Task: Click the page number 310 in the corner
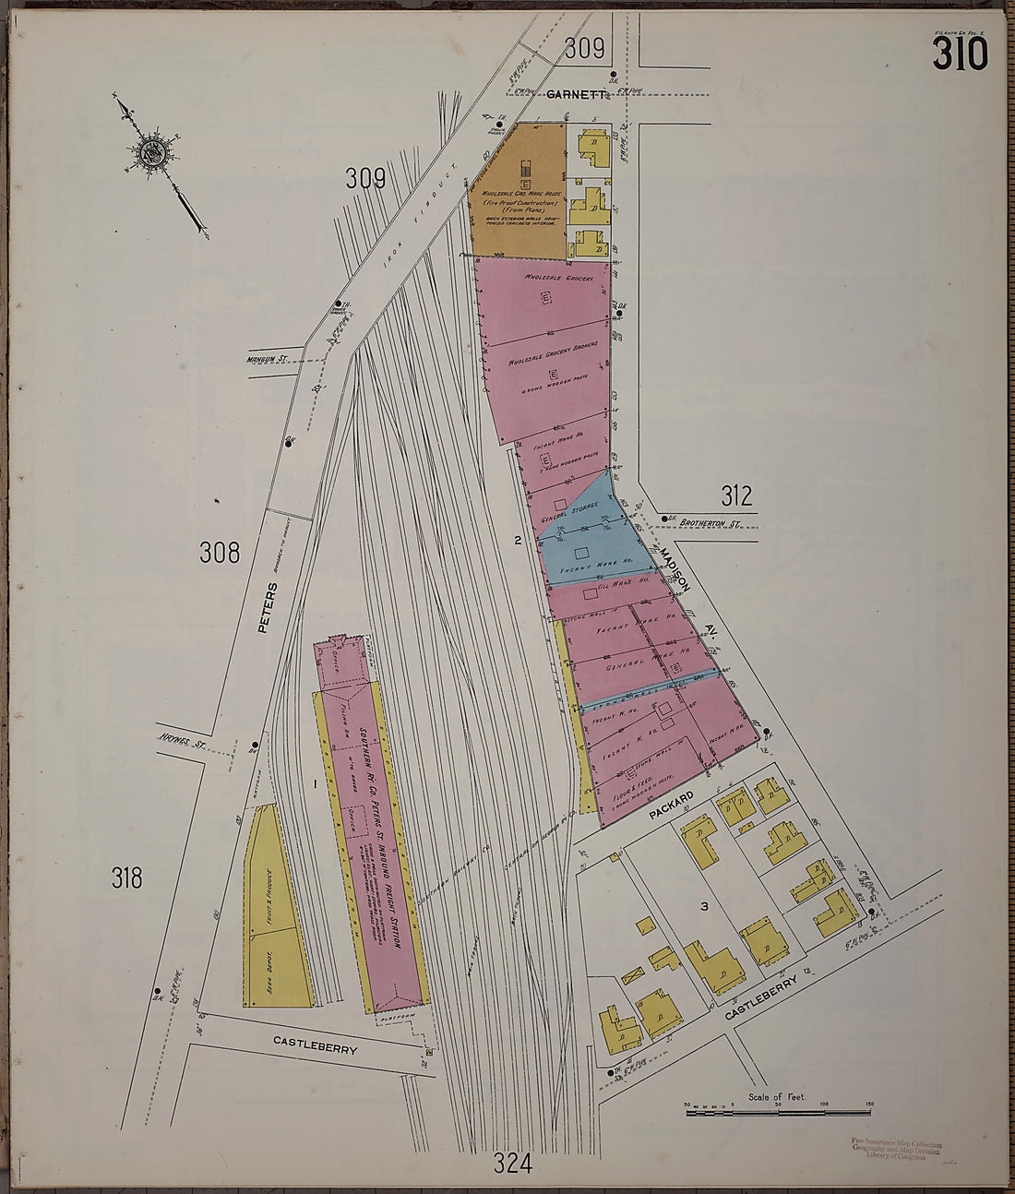pyautogui.click(x=960, y=54)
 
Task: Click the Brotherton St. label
pyautogui.click(x=710, y=523)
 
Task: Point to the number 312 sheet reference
pyautogui.click(x=736, y=497)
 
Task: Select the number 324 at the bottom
pyautogui.click(x=512, y=1164)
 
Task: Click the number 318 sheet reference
pyautogui.click(x=127, y=878)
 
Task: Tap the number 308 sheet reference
pyautogui.click(x=219, y=553)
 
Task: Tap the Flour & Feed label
pyautogui.click(x=632, y=789)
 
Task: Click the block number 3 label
pyautogui.click(x=704, y=907)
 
